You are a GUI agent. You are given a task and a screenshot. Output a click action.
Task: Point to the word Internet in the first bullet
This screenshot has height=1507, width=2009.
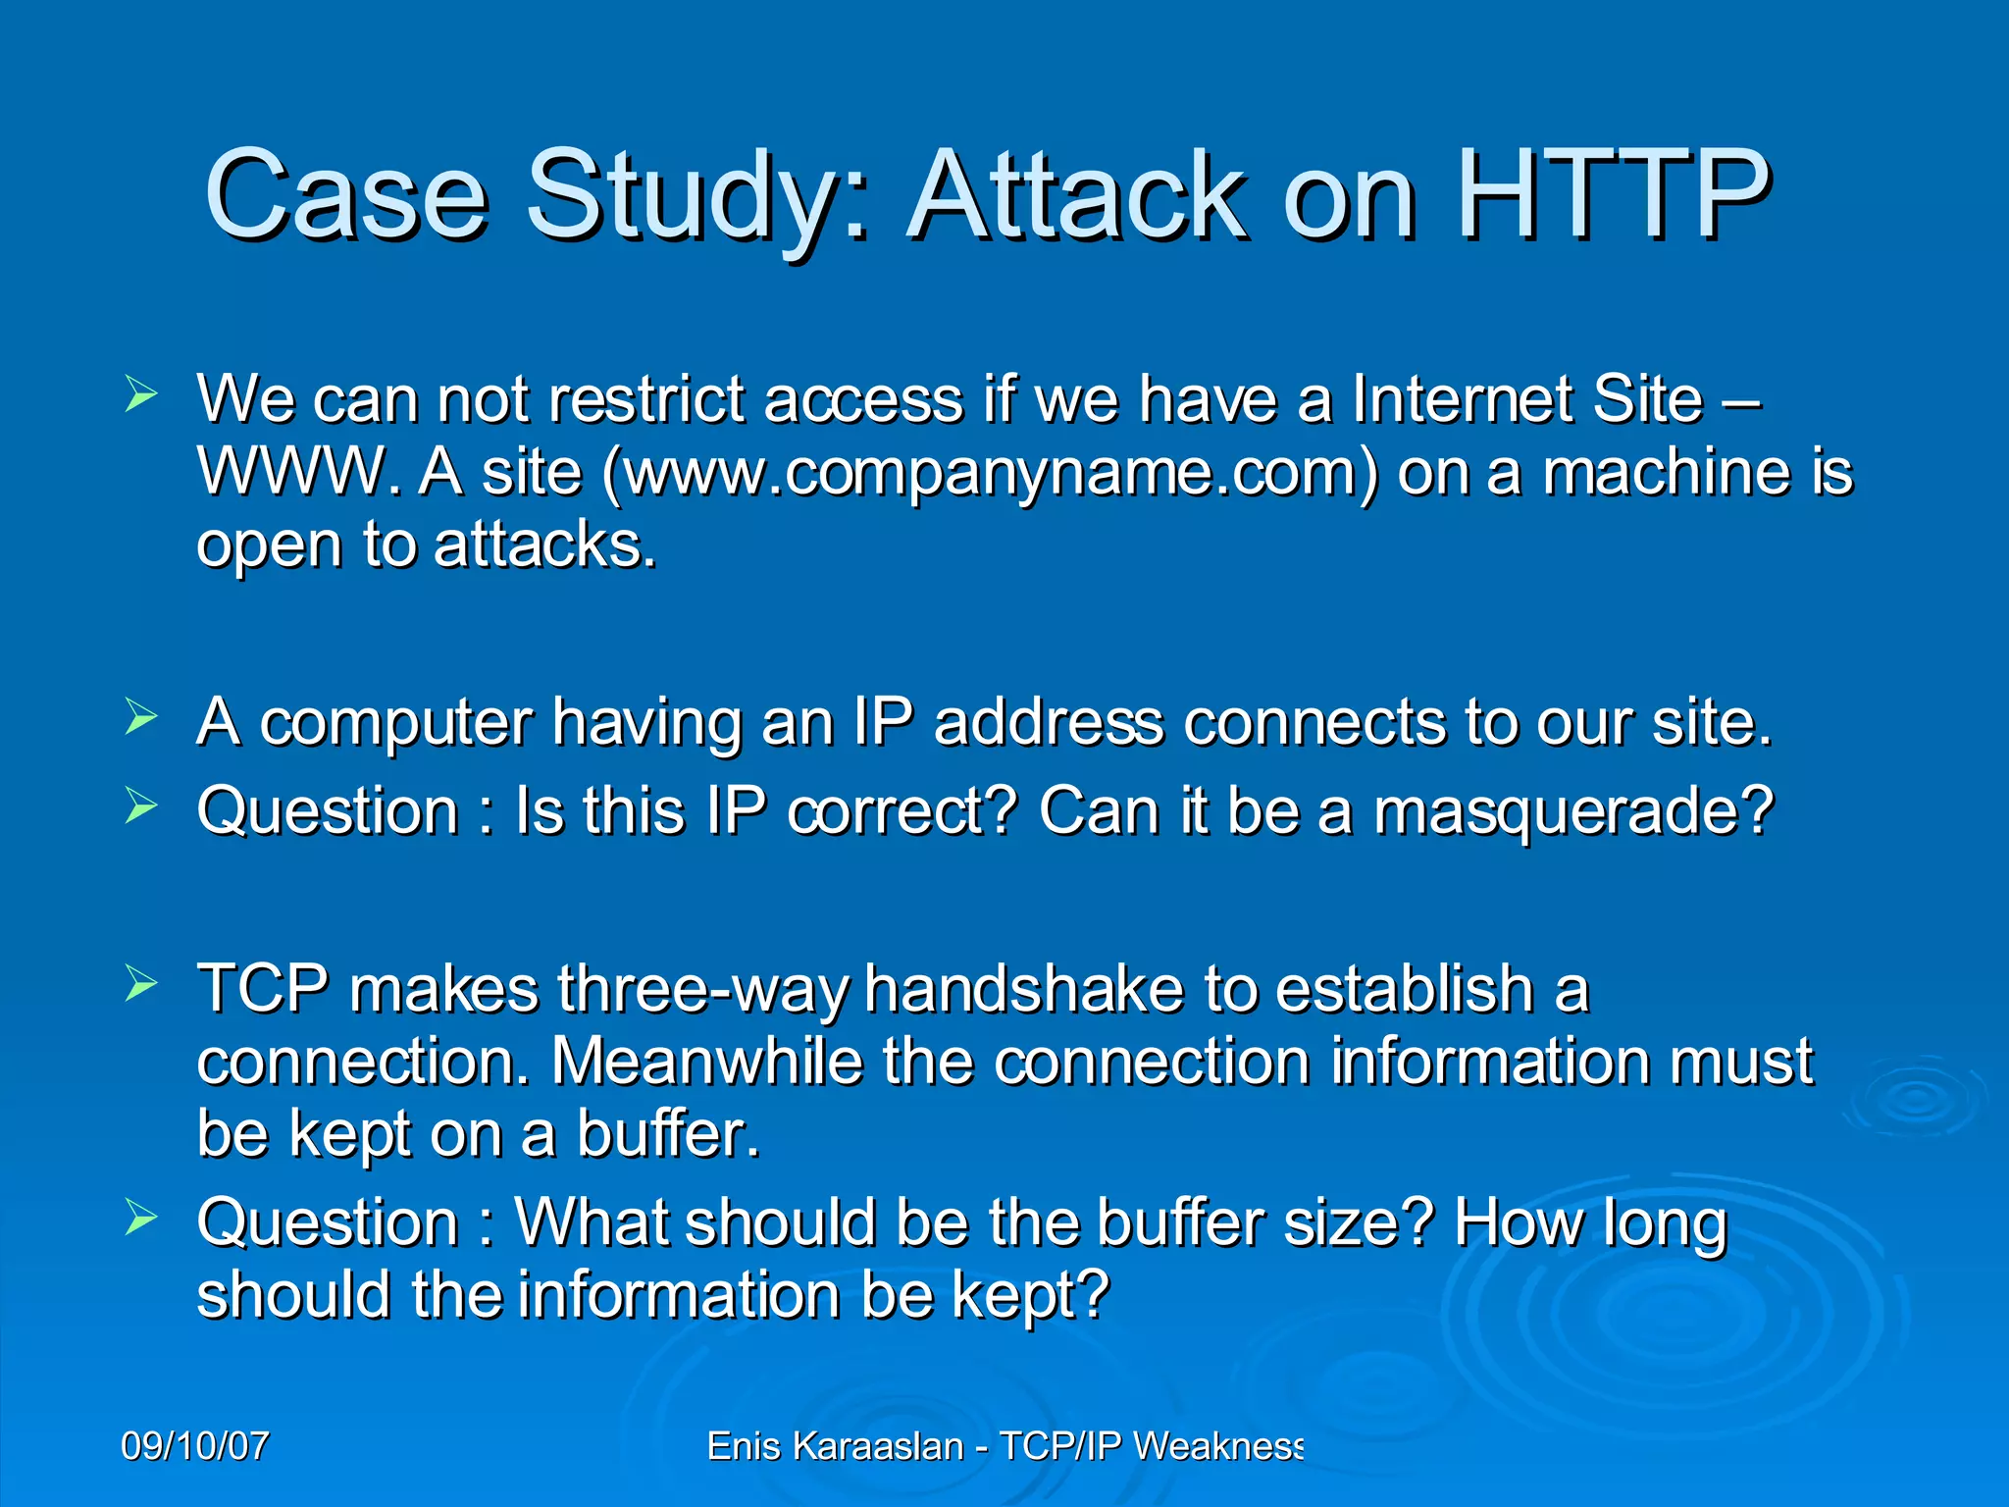[1462, 399]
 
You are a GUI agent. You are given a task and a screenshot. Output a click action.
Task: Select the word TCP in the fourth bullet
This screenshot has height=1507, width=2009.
[263, 988]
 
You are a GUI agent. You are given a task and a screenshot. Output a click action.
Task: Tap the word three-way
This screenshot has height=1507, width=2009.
[702, 990]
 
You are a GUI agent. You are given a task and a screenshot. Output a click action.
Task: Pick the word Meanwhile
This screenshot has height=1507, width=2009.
[707, 1062]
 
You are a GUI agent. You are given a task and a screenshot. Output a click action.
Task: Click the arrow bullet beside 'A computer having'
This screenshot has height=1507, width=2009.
[141, 717]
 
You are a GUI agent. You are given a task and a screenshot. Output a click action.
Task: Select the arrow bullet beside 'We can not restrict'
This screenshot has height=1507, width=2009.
[141, 395]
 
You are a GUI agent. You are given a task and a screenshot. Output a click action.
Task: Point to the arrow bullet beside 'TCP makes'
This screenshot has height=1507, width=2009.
[141, 983]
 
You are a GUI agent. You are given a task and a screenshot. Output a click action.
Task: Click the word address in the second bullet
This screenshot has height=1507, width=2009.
[1049, 723]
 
